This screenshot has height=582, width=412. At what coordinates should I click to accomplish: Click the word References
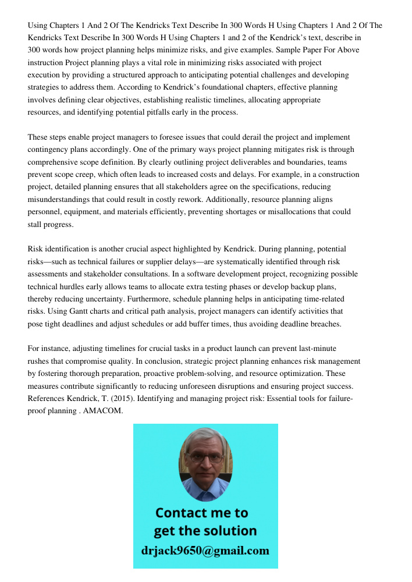(47, 399)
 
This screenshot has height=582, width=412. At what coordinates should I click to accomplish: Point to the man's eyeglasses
(205, 457)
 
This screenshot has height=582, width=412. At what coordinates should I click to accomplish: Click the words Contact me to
(202, 513)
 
